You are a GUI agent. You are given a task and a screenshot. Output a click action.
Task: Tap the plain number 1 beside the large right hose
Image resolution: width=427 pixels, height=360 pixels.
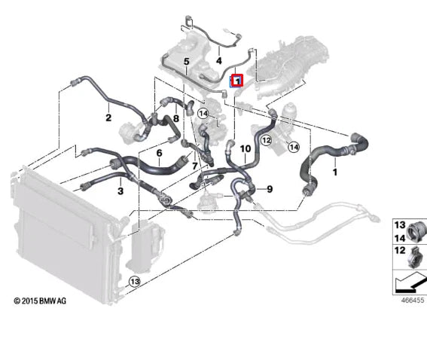pyautogui.click(x=335, y=172)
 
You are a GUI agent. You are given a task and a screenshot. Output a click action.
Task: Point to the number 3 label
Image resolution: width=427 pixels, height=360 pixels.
pyautogui.click(x=120, y=192)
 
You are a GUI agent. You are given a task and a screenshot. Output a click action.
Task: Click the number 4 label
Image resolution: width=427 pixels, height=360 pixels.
pyautogui.click(x=218, y=60)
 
